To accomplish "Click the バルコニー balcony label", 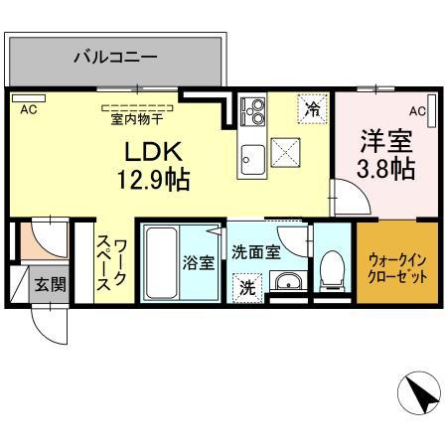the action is point(115,57).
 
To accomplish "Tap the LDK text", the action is point(153,152).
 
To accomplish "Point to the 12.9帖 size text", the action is point(154,180).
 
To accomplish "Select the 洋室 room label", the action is point(386,141).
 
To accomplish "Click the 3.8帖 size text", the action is point(386,169).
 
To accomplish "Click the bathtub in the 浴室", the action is point(161,262).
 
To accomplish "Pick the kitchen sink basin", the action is point(252,160).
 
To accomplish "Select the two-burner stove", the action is point(252,111).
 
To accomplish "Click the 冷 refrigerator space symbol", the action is point(312,109).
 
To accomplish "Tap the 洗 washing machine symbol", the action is point(247,288).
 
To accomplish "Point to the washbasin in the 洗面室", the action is point(288,281).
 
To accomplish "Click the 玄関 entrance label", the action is point(51,284).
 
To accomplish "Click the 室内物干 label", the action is point(137,119).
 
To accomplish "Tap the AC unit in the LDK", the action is point(29,98).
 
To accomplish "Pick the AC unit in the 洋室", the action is point(431,111).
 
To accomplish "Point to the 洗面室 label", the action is point(256,252).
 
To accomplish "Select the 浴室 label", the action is point(199,263).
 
